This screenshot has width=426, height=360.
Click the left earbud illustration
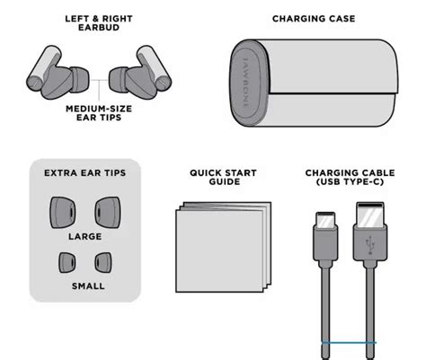click(x=57, y=75)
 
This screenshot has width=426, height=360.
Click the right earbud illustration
click(x=141, y=75)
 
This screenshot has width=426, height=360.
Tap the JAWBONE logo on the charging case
click(x=245, y=83)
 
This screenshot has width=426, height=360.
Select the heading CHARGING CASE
click(x=314, y=19)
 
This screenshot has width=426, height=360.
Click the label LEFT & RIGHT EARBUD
click(x=99, y=23)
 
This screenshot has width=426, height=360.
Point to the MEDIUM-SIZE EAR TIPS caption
click(x=99, y=113)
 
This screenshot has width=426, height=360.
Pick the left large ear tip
click(x=63, y=213)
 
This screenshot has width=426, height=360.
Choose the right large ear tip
click(x=108, y=213)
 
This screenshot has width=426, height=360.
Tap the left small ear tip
click(x=67, y=262)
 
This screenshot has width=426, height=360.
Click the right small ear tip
click(x=103, y=262)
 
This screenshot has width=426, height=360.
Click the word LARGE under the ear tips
click(x=85, y=236)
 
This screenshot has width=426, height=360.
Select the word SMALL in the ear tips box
click(x=88, y=286)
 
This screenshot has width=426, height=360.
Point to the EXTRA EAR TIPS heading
click(x=85, y=173)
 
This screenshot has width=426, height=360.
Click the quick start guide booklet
click(x=223, y=247)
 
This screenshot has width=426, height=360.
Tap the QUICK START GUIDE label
click(x=223, y=177)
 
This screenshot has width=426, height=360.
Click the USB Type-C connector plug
click(x=325, y=236)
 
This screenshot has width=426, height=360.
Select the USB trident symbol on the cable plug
click(x=370, y=245)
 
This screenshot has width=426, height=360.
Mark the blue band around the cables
click(x=349, y=343)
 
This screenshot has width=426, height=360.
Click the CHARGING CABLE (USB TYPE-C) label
click(x=350, y=177)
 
